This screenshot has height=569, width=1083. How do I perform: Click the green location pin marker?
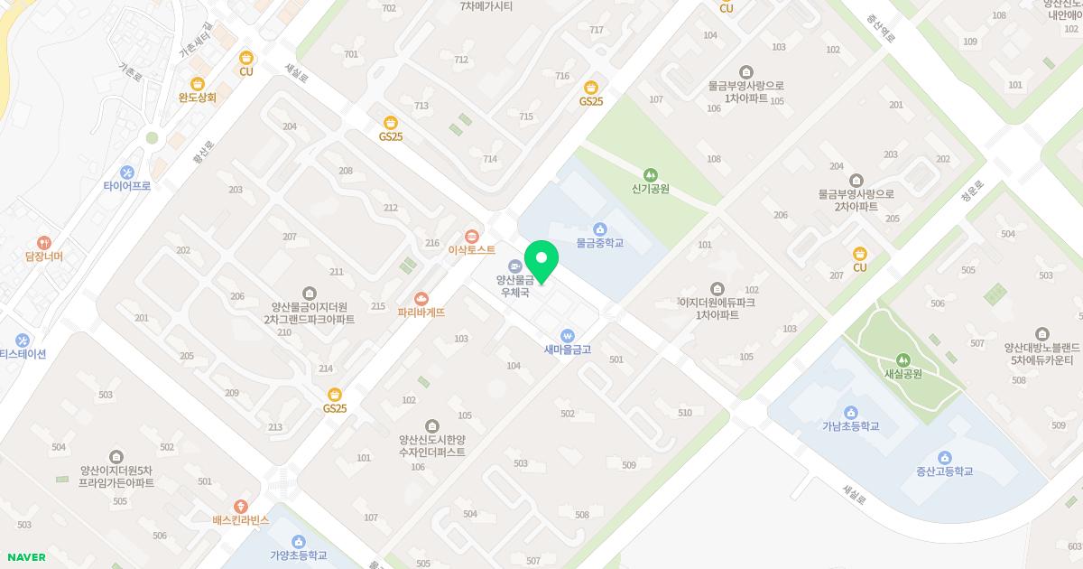tap(541, 260)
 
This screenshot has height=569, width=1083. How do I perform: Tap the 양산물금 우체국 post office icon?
tap(514, 266)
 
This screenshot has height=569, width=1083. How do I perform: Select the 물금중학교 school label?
tap(600, 243)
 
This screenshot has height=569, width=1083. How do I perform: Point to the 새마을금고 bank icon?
tap(567, 334)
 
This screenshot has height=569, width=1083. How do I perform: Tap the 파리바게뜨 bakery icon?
tap(421, 298)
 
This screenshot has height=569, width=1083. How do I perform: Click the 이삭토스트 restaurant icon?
tap(471, 236)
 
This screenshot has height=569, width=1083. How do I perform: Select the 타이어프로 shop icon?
tap(126, 172)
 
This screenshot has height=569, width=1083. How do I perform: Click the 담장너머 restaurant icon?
tap(43, 242)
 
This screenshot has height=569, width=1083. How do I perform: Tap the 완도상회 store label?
tap(198, 97)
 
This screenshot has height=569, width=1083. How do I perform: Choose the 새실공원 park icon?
tap(902, 359)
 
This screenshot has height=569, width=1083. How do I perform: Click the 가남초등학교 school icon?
tap(850, 412)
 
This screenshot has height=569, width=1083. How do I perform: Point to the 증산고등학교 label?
tap(944, 471)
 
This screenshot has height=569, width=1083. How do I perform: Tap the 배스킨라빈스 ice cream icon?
tap(240, 507)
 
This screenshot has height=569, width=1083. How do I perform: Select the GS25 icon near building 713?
tap(391, 123)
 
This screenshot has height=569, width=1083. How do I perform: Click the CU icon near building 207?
tap(860, 254)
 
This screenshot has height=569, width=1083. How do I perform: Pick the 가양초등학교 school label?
tap(298, 555)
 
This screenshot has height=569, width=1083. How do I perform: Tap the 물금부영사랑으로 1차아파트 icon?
tap(745, 71)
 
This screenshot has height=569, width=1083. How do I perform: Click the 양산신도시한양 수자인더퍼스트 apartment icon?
tap(432, 425)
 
